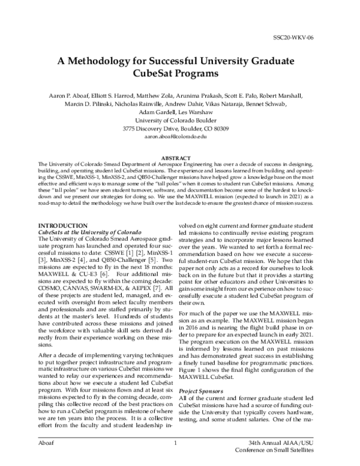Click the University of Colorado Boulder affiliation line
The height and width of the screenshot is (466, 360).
180,120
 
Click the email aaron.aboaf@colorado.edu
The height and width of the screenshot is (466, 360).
180,136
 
